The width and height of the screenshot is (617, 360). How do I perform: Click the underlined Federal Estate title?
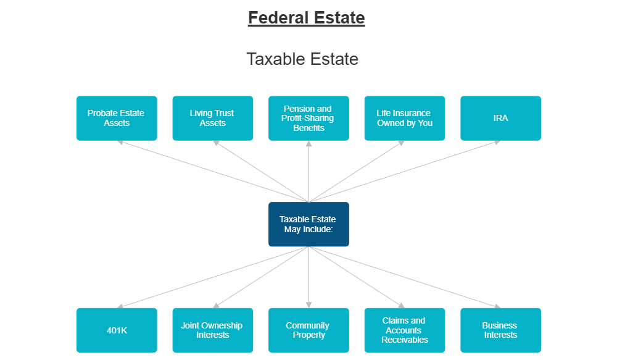point(306,18)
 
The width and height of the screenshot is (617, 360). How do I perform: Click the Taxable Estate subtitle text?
point(302,59)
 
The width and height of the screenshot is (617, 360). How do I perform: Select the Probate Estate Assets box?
point(117,118)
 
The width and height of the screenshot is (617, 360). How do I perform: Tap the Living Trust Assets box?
point(212,118)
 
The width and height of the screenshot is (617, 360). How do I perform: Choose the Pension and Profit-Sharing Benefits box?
point(308,118)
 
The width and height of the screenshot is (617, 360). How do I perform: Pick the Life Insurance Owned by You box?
point(404,118)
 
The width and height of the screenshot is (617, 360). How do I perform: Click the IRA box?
point(500,118)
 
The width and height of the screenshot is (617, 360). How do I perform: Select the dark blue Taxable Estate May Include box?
point(308,224)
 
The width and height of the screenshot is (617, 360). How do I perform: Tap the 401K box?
point(117,330)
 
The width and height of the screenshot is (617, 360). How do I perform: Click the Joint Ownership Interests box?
point(212,330)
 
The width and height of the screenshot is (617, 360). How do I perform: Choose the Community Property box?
point(308,330)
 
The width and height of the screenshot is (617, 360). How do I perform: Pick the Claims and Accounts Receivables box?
point(404,330)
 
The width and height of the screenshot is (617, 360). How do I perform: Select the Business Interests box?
point(500,330)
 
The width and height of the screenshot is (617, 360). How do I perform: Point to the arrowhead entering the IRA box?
point(497,142)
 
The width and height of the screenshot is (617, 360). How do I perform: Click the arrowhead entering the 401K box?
point(120,306)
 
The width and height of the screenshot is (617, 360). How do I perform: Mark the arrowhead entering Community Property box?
point(308,304)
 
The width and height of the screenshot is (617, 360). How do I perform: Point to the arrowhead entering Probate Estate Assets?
point(120,142)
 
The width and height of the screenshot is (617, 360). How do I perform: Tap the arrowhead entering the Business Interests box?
point(497,306)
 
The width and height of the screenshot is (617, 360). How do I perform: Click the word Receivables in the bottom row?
point(404,340)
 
